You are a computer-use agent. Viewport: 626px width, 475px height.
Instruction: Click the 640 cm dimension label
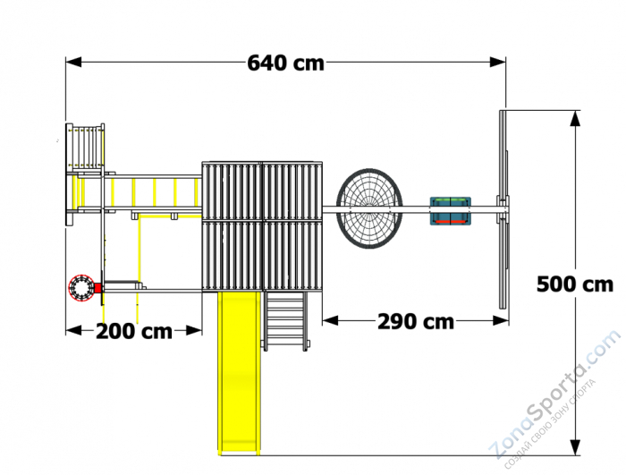pos(286,64)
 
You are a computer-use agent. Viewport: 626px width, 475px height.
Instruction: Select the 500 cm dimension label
pos(575,284)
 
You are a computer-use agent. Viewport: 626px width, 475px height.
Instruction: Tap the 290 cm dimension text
pos(416,322)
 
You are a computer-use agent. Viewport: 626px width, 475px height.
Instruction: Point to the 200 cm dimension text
pos(134,331)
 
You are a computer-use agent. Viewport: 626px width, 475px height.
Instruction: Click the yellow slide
pos(239,372)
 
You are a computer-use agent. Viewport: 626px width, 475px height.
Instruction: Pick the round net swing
pos(369,208)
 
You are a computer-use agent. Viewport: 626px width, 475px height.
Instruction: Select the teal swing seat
pos(451,210)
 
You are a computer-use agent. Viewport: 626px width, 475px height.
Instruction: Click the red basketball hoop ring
pos(81,288)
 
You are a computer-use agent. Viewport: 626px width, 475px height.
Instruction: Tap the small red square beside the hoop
pos(97,288)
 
